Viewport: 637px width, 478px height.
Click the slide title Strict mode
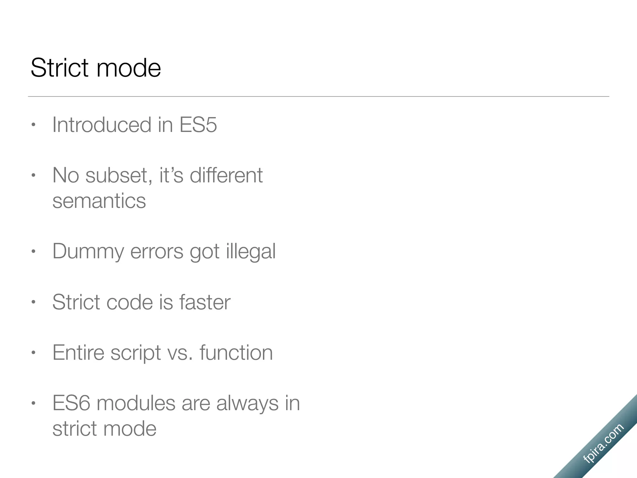[96, 68]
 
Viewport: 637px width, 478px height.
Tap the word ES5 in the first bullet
[198, 125]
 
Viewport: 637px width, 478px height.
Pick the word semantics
[99, 201]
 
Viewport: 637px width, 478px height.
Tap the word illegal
[251, 251]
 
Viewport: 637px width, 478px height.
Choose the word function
[236, 353]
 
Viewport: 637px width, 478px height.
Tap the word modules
[136, 403]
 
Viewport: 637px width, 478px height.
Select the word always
[247, 404]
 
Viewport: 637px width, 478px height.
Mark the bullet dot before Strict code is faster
[34, 302]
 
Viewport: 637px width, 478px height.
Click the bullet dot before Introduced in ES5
[34, 125]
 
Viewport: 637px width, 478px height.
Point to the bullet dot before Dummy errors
[34, 251]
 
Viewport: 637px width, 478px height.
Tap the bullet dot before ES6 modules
[34, 403]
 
